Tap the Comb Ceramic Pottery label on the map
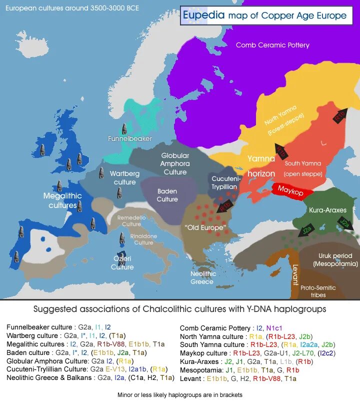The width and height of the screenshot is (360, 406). point(272,45)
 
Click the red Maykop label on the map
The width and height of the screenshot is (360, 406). point(291,190)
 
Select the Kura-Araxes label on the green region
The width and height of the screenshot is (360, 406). point(327,210)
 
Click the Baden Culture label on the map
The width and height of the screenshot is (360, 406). point(167,195)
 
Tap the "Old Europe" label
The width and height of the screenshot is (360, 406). point(205,227)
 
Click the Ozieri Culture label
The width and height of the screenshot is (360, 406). point(122,263)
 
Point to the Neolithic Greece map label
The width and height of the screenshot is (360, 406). point(203,277)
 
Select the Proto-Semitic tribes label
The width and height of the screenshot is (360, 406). point(318,291)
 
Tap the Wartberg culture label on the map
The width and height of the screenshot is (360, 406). point(124,177)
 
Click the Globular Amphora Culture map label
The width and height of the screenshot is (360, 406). point(175,163)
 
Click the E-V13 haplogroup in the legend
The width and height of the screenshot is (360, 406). point(113,369)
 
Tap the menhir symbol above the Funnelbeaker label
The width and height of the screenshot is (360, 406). point(124,128)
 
